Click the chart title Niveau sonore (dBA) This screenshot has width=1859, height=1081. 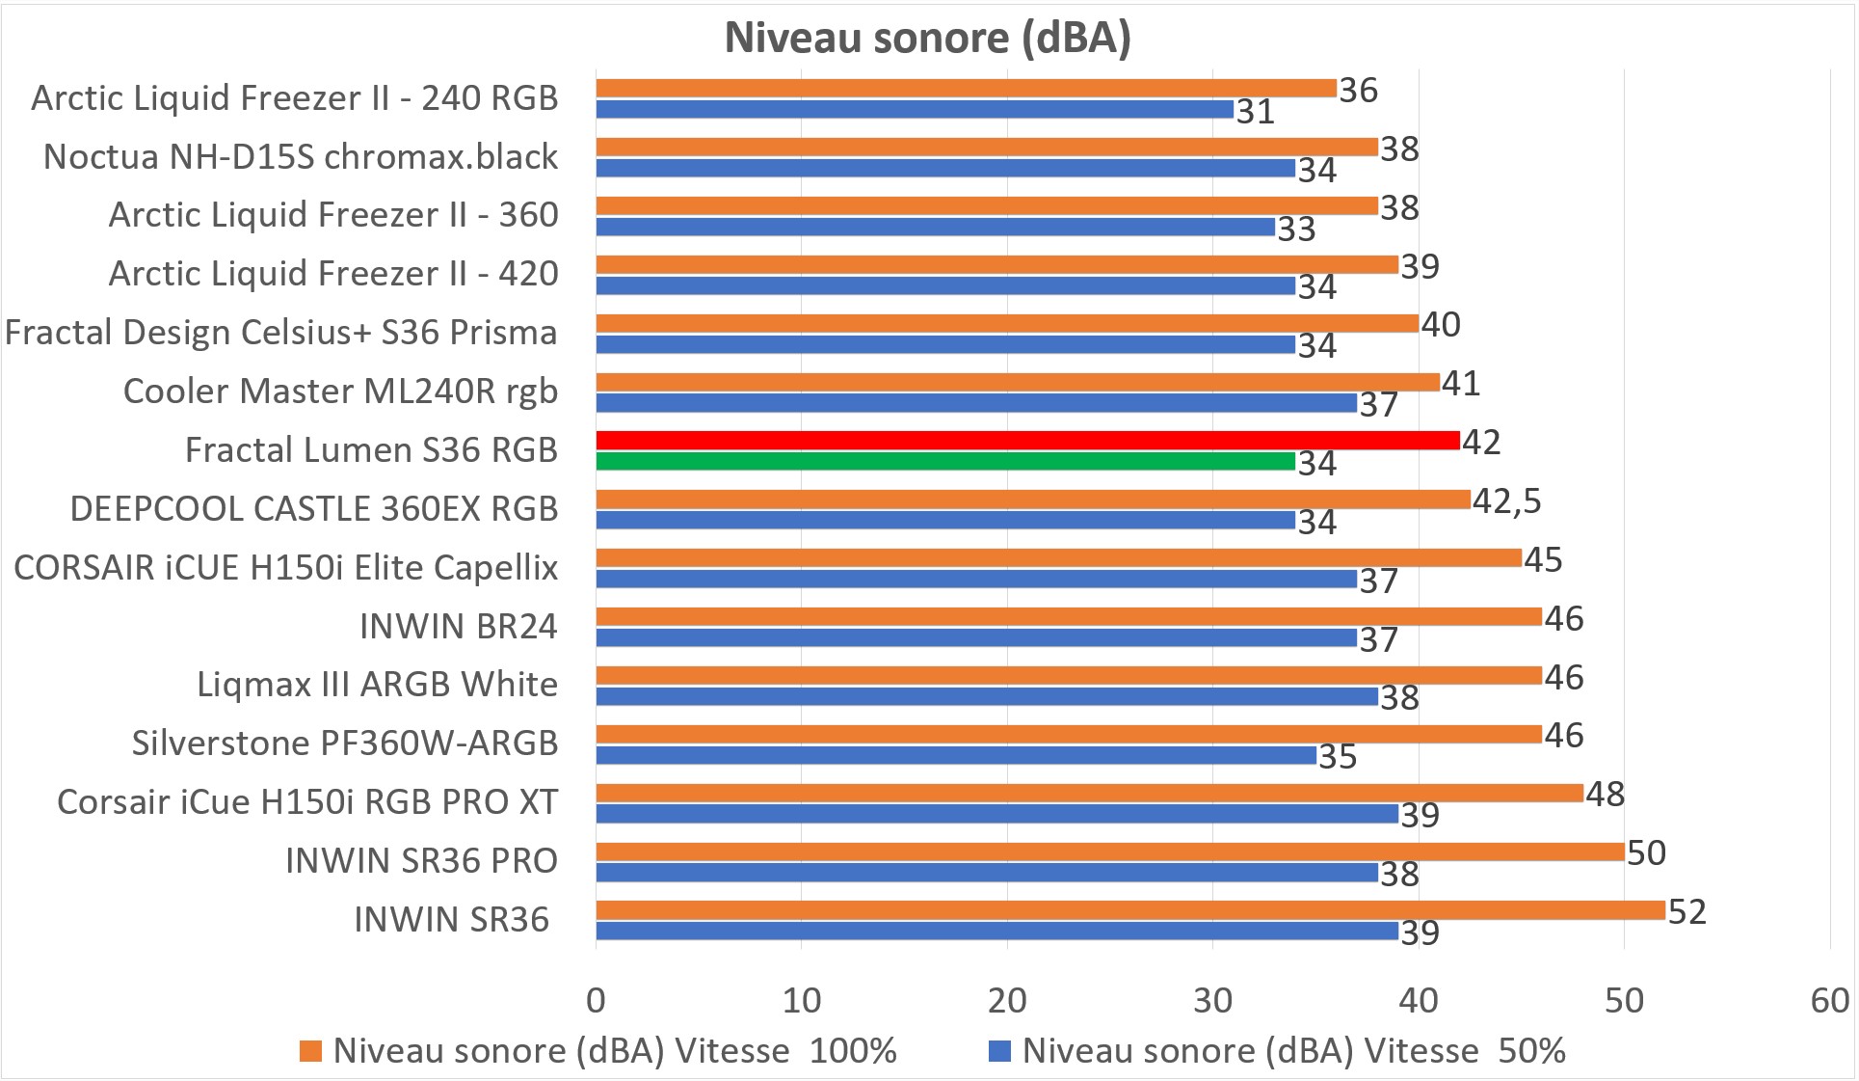click(x=927, y=38)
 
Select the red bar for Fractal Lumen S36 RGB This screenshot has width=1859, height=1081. click(x=1027, y=441)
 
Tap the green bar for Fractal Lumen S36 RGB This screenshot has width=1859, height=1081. click(x=944, y=462)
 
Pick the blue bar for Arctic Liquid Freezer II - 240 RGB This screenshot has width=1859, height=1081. click(x=914, y=109)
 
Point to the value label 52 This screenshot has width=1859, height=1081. click(x=1686, y=911)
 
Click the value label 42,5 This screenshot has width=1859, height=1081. click(x=1506, y=500)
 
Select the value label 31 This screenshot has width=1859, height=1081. click(x=1256, y=112)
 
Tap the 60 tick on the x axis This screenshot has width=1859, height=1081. click(x=1829, y=1000)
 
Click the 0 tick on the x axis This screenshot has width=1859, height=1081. click(x=596, y=1000)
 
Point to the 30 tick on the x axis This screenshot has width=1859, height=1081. click(x=1212, y=1000)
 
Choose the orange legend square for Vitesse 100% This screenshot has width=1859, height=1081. click(x=310, y=1051)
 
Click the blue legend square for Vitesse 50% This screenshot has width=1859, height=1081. click(x=999, y=1051)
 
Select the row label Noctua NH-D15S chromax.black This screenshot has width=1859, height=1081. click(x=301, y=156)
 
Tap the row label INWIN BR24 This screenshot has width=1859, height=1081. click(x=458, y=626)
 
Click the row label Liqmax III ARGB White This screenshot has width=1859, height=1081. click(x=377, y=684)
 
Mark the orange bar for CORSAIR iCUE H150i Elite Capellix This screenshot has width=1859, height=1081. click(x=1058, y=558)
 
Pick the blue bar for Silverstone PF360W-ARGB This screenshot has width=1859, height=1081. click(x=955, y=755)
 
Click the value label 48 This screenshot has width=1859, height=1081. click(x=1605, y=794)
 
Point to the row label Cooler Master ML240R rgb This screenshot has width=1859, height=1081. click(x=340, y=391)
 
